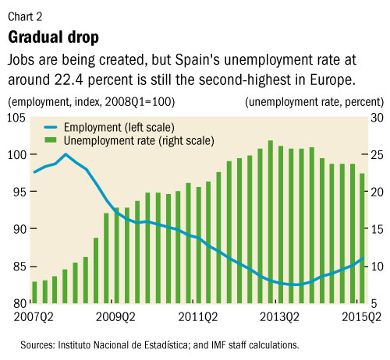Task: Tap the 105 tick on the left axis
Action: pos(16,117)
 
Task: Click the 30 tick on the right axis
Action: pos(373,117)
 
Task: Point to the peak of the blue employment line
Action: pos(66,154)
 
